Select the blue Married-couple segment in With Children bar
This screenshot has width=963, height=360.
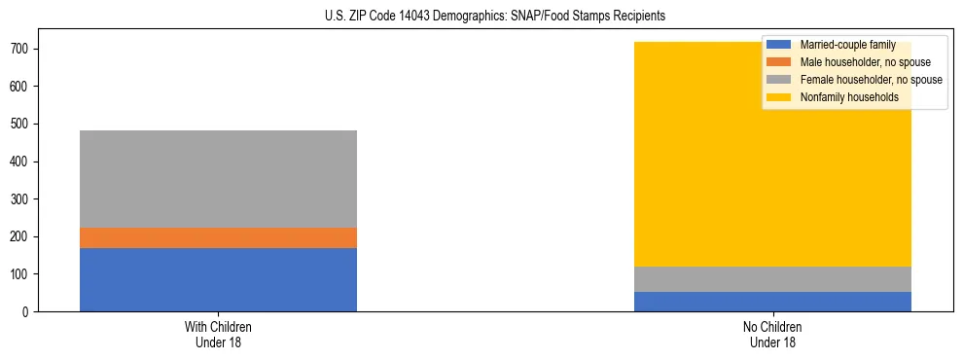pyautogui.click(x=218, y=279)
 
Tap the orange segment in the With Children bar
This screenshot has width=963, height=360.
pyautogui.click(x=218, y=237)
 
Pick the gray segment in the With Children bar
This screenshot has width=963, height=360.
pyautogui.click(x=218, y=179)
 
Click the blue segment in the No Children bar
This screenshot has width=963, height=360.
pyautogui.click(x=772, y=302)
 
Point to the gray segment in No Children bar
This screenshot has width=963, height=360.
pyautogui.click(x=772, y=279)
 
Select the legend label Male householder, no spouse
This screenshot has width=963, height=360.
pyautogui.click(x=865, y=62)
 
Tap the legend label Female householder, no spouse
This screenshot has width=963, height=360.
pyautogui.click(x=871, y=80)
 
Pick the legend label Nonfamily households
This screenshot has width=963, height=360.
pyautogui.click(x=849, y=97)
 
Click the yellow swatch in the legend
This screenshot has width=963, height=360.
pyautogui.click(x=779, y=97)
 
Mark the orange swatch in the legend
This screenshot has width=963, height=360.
pyautogui.click(x=779, y=62)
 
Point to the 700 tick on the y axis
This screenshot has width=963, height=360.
pyautogui.click(x=21, y=49)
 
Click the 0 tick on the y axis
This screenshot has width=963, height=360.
pyautogui.click(x=28, y=311)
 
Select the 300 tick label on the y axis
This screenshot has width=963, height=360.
pyautogui.click(x=21, y=198)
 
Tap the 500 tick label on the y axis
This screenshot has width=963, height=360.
pyautogui.click(x=21, y=124)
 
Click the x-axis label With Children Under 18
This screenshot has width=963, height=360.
pyautogui.click(x=218, y=335)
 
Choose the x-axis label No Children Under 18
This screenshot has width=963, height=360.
pyautogui.click(x=772, y=335)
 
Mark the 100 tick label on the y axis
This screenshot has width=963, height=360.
pyautogui.click(x=21, y=274)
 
